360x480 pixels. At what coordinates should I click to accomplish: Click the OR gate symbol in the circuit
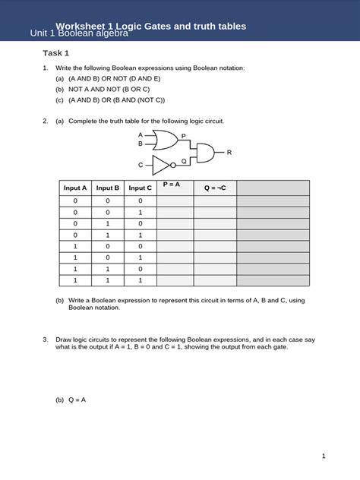[x=165, y=139]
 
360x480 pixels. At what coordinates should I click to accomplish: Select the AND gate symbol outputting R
[x=205, y=152]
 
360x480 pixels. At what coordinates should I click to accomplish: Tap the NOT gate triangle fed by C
[x=162, y=164]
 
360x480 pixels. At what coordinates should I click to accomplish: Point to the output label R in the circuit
[x=229, y=153]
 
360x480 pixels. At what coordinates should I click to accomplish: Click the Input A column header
[x=75, y=188]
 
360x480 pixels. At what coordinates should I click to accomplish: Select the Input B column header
[x=107, y=188]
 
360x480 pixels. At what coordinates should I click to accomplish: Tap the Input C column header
[x=140, y=188]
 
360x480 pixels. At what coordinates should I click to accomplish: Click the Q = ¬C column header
[x=215, y=188]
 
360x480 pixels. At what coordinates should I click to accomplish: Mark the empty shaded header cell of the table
[x=273, y=188]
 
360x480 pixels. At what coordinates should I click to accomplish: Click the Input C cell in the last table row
[x=140, y=280]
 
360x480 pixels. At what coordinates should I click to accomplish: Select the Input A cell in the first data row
[x=75, y=201]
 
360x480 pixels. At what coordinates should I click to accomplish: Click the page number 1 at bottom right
[x=324, y=456]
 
